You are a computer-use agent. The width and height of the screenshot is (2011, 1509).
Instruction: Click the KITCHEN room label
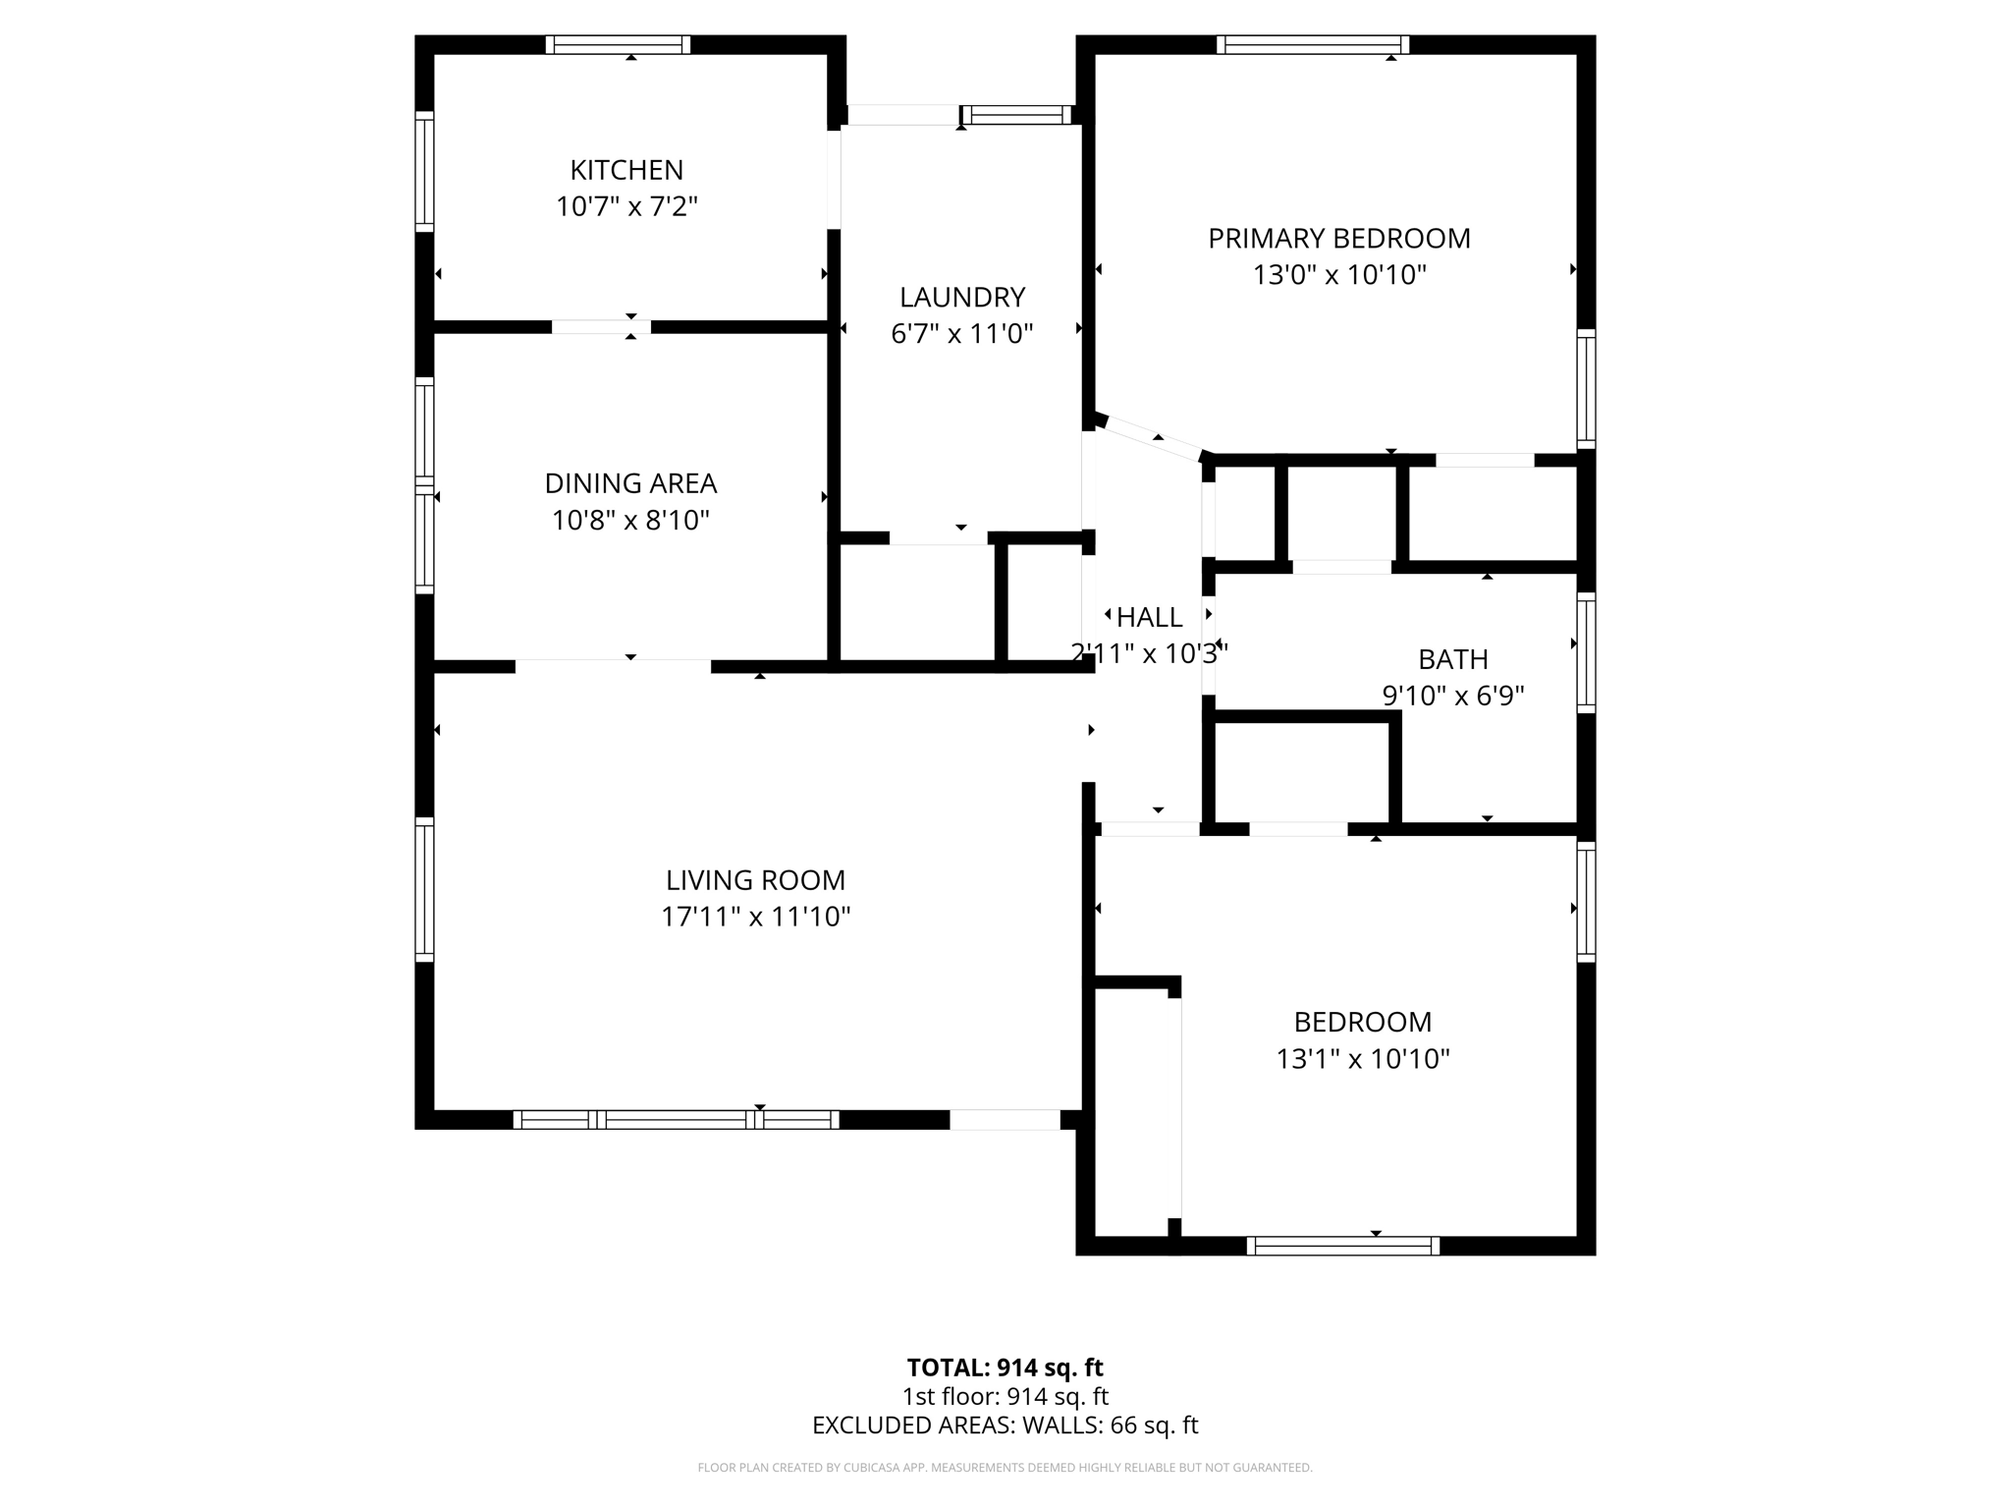coord(626,170)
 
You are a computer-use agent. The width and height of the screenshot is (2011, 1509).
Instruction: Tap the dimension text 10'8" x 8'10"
coord(630,520)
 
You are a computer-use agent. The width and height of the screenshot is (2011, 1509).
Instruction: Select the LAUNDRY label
coord(962,297)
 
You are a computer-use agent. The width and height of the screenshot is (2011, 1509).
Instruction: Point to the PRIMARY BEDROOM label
coord(1338,239)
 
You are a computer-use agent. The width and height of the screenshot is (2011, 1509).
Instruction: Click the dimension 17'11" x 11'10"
coord(755,917)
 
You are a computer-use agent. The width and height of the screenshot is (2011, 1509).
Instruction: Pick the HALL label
coord(1149,618)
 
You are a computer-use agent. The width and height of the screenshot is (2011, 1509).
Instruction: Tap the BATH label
coord(1452,659)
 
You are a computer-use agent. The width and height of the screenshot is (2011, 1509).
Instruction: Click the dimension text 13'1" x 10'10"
coord(1362,1059)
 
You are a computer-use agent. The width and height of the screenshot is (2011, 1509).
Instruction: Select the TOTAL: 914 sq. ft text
coord(1005,1368)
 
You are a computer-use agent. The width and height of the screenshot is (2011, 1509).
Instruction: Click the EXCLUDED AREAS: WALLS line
coord(1005,1425)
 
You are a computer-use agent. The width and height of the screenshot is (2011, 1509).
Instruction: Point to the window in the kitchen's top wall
coord(618,44)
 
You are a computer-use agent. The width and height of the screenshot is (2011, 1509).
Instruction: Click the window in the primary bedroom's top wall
coord(1313,44)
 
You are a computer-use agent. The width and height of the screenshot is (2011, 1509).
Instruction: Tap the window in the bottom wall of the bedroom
coord(1342,1246)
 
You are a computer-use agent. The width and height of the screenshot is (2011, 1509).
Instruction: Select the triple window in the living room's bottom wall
coord(676,1119)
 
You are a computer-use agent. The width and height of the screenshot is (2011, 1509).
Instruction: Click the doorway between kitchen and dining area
coord(601,327)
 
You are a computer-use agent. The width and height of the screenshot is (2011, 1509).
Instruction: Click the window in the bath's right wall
coord(1586,652)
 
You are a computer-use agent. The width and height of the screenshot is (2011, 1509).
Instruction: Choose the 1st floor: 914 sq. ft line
coord(1005,1396)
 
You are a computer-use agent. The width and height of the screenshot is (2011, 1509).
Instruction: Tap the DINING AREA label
coord(630,483)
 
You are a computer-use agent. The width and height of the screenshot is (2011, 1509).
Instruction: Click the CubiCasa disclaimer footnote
coord(1005,1468)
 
